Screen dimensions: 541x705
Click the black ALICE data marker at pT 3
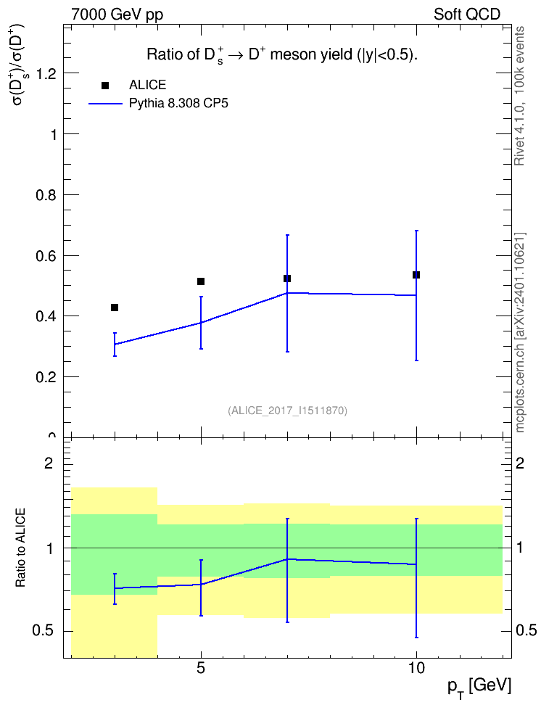[115, 308]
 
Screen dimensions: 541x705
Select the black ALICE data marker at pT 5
[201, 281]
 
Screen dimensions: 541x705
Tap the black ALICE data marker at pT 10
[416, 275]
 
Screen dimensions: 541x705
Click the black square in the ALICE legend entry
[105, 86]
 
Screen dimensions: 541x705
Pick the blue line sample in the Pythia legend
[105, 104]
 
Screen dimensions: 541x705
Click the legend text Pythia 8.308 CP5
[178, 104]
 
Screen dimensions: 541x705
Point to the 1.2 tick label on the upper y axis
[46, 74]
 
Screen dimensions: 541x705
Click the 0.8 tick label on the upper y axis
[46, 195]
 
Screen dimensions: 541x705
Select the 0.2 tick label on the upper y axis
[46, 377]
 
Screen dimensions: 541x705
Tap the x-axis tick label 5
[201, 668]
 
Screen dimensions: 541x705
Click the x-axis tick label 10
[416, 668]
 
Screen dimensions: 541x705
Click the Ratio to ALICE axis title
[20, 548]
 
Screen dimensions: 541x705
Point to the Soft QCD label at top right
[467, 15]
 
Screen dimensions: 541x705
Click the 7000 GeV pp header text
[117, 15]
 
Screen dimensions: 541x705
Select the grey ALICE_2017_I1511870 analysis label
[288, 411]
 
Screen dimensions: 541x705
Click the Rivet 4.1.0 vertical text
[520, 96]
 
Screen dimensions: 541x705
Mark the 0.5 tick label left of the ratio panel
[44, 631]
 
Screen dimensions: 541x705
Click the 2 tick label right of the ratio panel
[520, 463]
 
